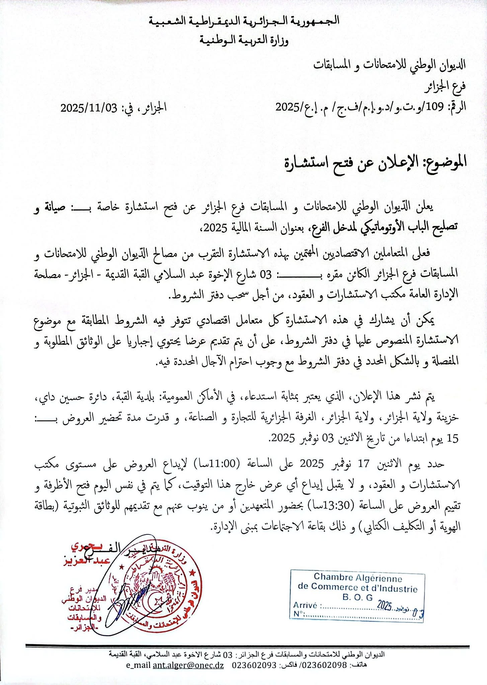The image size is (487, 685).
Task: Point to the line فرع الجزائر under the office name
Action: [445, 87]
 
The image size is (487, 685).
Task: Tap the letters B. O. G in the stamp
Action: [357, 597]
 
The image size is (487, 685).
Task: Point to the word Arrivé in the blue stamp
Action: [305, 606]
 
